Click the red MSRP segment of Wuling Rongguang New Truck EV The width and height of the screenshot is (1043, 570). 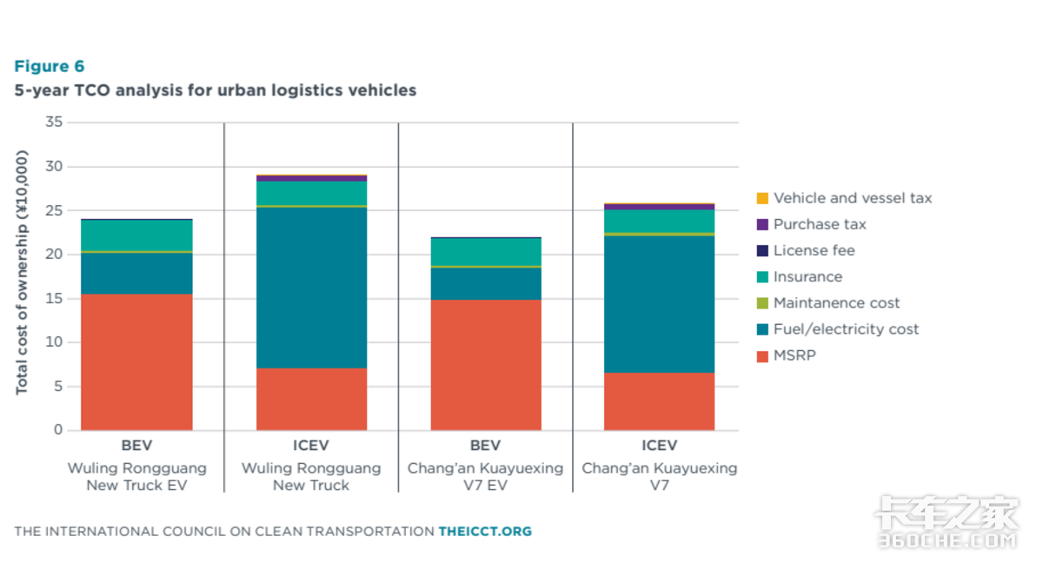click(x=136, y=362)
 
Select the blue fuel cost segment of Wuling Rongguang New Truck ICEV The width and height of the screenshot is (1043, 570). click(x=311, y=288)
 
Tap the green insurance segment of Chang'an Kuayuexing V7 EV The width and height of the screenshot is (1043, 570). click(x=486, y=252)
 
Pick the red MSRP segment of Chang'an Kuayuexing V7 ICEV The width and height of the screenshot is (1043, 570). click(x=660, y=401)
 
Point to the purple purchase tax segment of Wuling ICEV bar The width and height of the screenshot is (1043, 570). click(x=311, y=178)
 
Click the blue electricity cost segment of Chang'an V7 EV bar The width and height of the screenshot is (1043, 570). click(x=486, y=284)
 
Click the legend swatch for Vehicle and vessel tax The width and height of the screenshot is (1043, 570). click(x=762, y=198)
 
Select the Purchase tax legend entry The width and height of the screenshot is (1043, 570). click(x=812, y=224)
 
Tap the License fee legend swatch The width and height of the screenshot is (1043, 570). click(x=762, y=251)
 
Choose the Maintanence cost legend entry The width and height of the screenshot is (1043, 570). click(x=828, y=303)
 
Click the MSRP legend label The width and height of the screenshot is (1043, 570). click(x=794, y=355)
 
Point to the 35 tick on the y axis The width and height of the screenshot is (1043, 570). click(x=54, y=122)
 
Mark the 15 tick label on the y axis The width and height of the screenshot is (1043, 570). click(x=54, y=298)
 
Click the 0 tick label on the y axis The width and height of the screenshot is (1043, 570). click(x=58, y=429)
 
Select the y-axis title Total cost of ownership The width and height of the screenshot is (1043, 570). click(x=22, y=272)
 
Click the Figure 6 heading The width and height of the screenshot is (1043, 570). click(x=50, y=66)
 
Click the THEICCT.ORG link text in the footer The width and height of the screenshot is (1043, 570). click(x=485, y=532)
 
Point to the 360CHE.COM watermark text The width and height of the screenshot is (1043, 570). click(x=947, y=541)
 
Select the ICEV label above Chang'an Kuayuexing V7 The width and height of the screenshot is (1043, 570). click(x=660, y=445)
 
